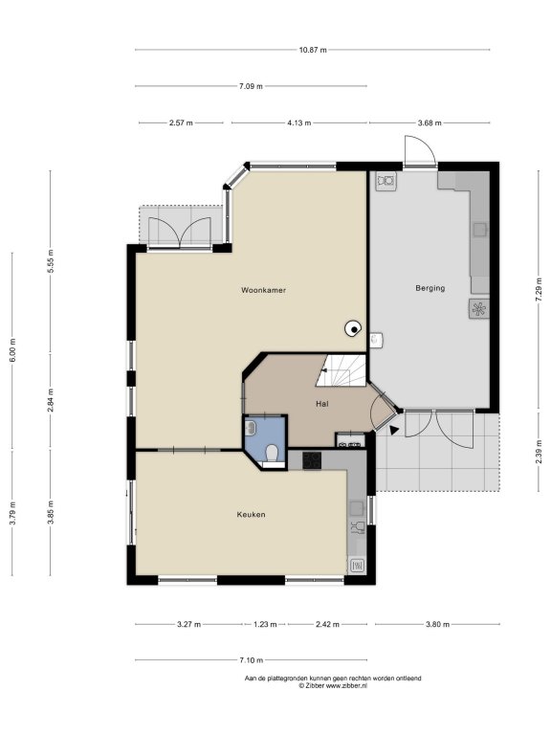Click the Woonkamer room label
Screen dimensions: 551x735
(x=263, y=290)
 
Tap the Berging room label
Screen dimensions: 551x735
(x=430, y=288)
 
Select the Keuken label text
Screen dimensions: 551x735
(x=252, y=515)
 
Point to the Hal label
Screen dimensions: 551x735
(x=321, y=404)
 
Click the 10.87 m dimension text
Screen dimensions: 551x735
(x=313, y=50)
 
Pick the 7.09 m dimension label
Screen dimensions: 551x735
(x=251, y=86)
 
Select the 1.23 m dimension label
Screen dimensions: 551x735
(x=265, y=624)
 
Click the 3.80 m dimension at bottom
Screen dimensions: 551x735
(x=437, y=624)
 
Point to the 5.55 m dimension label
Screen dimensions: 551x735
(x=51, y=260)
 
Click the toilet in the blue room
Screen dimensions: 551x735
(x=272, y=454)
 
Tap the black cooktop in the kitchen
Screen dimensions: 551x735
(x=312, y=460)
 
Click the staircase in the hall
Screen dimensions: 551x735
(x=342, y=370)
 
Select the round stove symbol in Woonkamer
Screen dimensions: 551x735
(x=352, y=329)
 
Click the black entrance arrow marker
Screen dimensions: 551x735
(x=393, y=430)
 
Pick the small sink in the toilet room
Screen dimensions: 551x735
(x=251, y=427)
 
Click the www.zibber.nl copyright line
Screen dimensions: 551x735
(x=333, y=685)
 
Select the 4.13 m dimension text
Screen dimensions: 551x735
(x=298, y=122)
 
